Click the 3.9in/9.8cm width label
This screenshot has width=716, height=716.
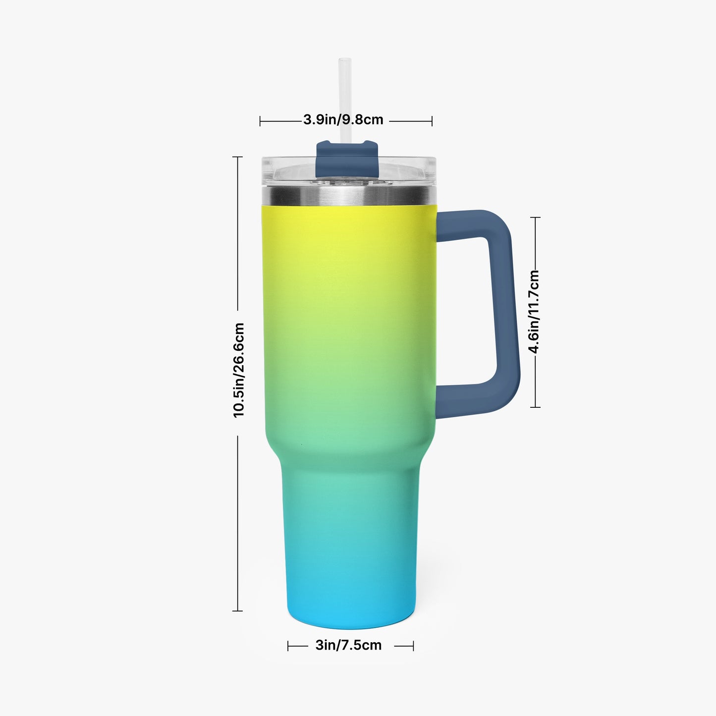[x=343, y=119]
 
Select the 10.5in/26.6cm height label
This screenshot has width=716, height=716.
[x=238, y=371]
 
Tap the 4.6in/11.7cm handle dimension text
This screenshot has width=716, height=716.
[x=534, y=312]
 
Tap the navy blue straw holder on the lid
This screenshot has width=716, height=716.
[x=347, y=158]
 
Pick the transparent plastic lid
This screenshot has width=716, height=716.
[x=348, y=171]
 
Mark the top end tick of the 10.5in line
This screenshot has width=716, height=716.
[x=237, y=157]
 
